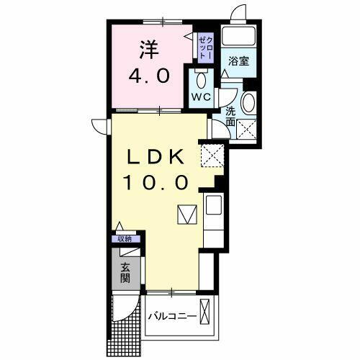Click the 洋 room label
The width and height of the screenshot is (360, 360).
point(148,50)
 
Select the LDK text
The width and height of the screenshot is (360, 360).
point(158,158)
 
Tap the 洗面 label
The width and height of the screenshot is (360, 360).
point(230,117)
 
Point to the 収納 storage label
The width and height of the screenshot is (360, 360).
point(125,239)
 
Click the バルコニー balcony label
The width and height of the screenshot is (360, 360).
point(173,317)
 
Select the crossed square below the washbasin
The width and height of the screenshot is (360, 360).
point(248,130)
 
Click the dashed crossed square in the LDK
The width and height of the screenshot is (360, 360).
point(212,153)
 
